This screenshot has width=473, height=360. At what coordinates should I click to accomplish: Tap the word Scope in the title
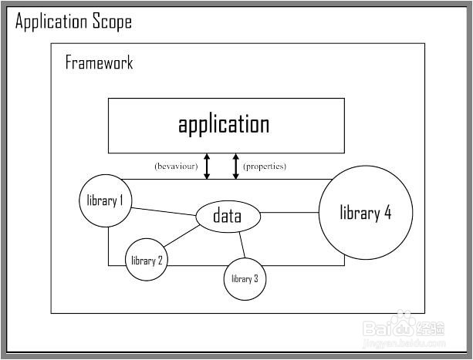tap(112, 22)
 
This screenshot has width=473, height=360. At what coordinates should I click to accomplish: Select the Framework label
tap(99, 62)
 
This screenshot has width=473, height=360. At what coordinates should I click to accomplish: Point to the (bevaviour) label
tap(176, 166)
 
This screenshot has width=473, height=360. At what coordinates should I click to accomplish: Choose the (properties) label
tap(265, 166)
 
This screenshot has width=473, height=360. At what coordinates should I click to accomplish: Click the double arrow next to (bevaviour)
tap(207, 166)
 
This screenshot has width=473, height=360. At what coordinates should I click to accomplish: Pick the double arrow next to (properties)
tap(236, 166)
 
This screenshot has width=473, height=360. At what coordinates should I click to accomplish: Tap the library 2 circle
tap(146, 260)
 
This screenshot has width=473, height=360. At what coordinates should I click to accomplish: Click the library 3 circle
tap(245, 278)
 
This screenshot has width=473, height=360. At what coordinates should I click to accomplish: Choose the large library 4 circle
tap(367, 213)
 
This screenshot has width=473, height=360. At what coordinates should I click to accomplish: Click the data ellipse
tap(227, 217)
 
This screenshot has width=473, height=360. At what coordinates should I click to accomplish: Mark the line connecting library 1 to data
tap(164, 210)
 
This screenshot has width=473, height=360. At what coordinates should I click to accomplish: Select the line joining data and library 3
tap(241, 244)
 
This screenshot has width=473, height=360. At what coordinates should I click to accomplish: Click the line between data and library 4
tap(290, 214)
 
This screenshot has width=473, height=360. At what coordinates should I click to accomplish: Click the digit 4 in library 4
tap(387, 214)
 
